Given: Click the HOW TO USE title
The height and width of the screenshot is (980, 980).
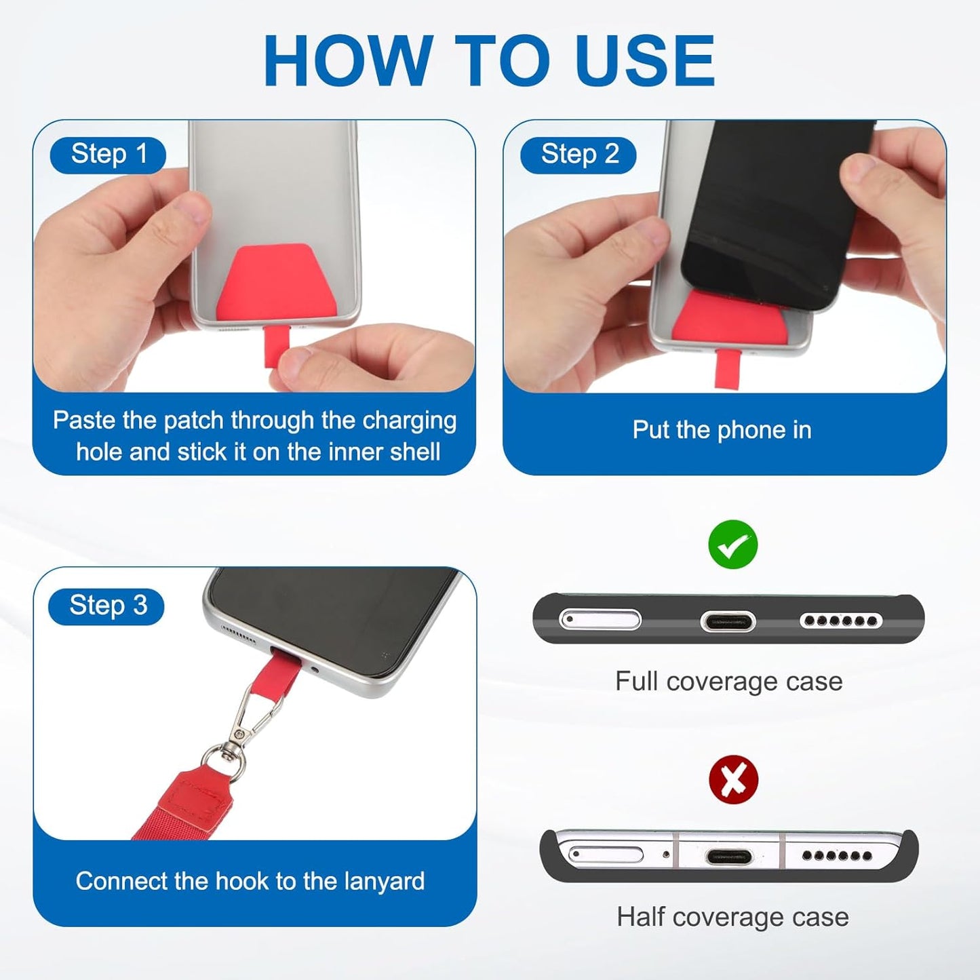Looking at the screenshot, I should click(x=489, y=60).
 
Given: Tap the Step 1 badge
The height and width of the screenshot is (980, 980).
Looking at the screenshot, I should click(x=109, y=155).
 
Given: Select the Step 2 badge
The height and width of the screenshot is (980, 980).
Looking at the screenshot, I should click(x=579, y=155).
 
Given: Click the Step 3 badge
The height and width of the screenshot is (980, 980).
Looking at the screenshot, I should click(x=107, y=605).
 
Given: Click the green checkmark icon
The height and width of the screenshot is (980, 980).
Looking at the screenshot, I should click(x=732, y=545).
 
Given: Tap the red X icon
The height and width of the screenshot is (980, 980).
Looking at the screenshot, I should click(x=733, y=779).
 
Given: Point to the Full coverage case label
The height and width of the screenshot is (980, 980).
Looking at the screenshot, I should click(x=728, y=681).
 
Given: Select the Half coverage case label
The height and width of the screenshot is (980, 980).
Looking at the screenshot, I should click(x=732, y=917).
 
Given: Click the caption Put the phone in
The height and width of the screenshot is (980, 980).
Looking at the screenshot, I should click(x=722, y=430).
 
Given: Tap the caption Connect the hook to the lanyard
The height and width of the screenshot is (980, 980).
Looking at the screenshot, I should click(x=250, y=881).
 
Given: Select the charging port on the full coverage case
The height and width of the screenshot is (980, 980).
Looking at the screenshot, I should click(x=728, y=621).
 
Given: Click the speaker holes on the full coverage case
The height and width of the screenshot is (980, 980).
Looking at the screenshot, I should click(x=840, y=621).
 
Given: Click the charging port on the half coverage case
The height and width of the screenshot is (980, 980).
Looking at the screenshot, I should click(x=729, y=857).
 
